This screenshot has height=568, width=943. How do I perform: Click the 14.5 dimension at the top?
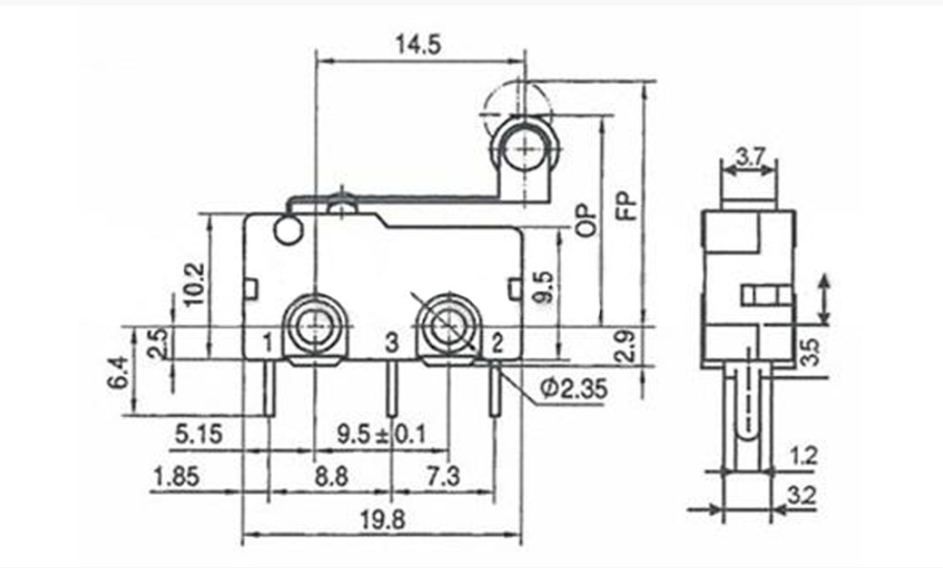(x=418, y=44)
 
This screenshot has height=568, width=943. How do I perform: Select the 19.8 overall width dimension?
(x=383, y=519)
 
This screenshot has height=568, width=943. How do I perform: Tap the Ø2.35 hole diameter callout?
(x=574, y=389)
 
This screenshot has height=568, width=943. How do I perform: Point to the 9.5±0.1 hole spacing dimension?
(x=381, y=434)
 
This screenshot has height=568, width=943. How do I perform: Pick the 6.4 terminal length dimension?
(x=118, y=372)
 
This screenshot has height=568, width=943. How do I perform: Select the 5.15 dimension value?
(x=198, y=434)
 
